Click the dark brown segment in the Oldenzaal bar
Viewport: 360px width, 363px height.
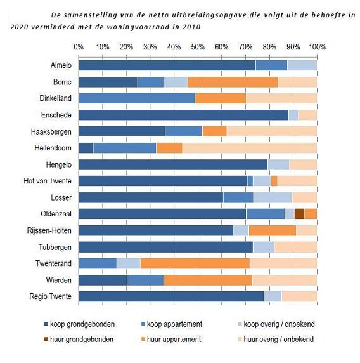[x=299, y=214]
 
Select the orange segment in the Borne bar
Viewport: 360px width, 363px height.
[x=233, y=82]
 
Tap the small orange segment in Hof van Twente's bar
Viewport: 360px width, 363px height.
[x=274, y=181]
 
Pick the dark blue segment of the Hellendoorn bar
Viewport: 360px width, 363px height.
[x=86, y=148]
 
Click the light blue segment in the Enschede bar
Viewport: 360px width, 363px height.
[x=293, y=115]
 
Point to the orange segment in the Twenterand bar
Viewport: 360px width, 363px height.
[x=195, y=263]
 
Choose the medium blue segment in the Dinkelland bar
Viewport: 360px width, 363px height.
[x=137, y=98]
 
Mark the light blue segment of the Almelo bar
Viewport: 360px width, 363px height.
[x=302, y=65]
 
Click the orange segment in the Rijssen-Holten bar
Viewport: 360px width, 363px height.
[x=273, y=230]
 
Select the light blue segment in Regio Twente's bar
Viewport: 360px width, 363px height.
[x=273, y=296]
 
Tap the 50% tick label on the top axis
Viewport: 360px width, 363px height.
[x=198, y=47]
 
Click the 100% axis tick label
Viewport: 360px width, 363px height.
[x=318, y=47]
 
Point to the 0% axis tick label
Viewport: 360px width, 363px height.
[x=79, y=47]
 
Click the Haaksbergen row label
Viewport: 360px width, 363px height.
[x=51, y=132]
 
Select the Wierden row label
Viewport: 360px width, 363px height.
[x=58, y=280]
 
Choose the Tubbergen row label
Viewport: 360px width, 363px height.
[x=55, y=247]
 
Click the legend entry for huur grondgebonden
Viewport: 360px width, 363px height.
[x=79, y=340]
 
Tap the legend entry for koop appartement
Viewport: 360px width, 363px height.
[x=172, y=324]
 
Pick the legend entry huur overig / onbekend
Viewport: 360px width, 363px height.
[x=276, y=340]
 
